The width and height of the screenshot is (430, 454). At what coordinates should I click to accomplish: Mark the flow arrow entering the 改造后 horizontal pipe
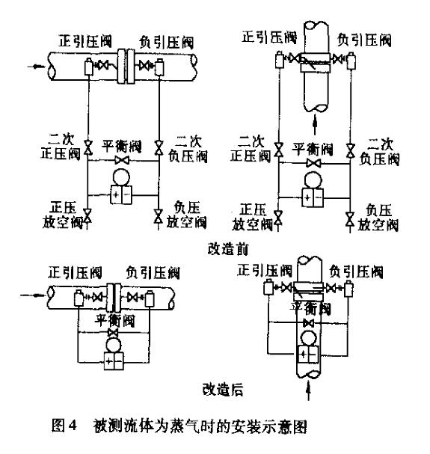[x=29, y=294]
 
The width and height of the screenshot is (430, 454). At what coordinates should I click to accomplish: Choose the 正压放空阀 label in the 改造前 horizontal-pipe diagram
[x=61, y=213]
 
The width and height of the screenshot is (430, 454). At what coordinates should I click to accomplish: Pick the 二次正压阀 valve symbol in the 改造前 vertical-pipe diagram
[x=279, y=147]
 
